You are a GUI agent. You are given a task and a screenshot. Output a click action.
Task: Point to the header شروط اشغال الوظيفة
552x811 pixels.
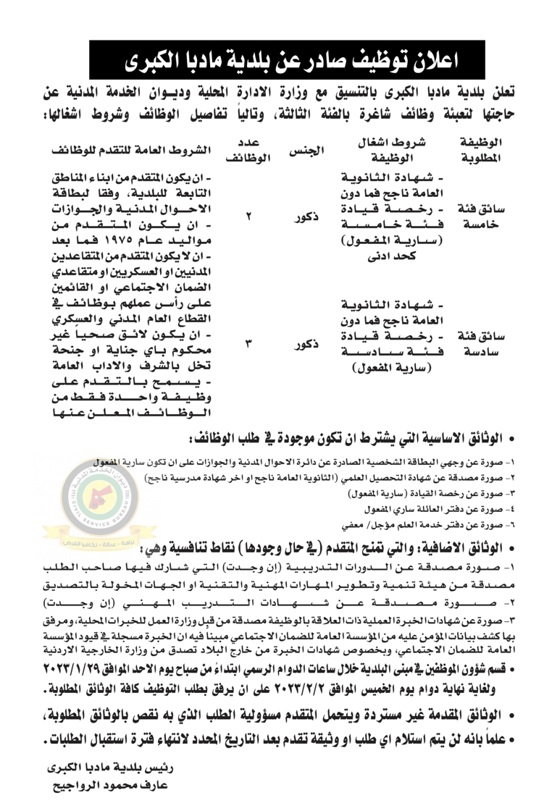tap(390, 151)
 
